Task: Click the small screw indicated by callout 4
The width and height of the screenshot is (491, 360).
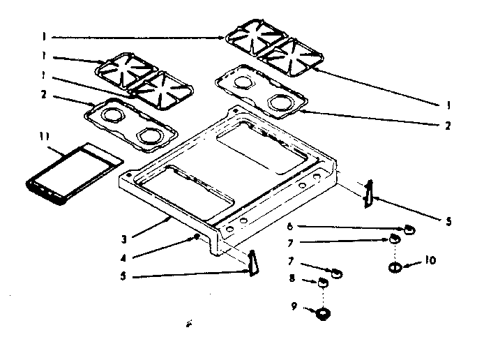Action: tap(197, 237)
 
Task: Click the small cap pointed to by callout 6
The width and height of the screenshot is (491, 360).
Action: tap(409, 230)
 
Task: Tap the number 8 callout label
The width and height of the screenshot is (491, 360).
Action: tap(292, 279)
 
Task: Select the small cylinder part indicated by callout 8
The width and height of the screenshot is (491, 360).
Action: tap(323, 283)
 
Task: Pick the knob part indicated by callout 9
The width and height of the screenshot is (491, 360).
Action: tap(323, 313)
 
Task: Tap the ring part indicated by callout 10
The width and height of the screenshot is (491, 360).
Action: tap(394, 267)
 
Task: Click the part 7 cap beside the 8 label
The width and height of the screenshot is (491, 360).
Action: tap(336, 273)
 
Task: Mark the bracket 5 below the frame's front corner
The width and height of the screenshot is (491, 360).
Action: tap(252, 263)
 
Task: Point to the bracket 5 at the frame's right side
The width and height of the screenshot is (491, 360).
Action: tap(368, 194)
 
